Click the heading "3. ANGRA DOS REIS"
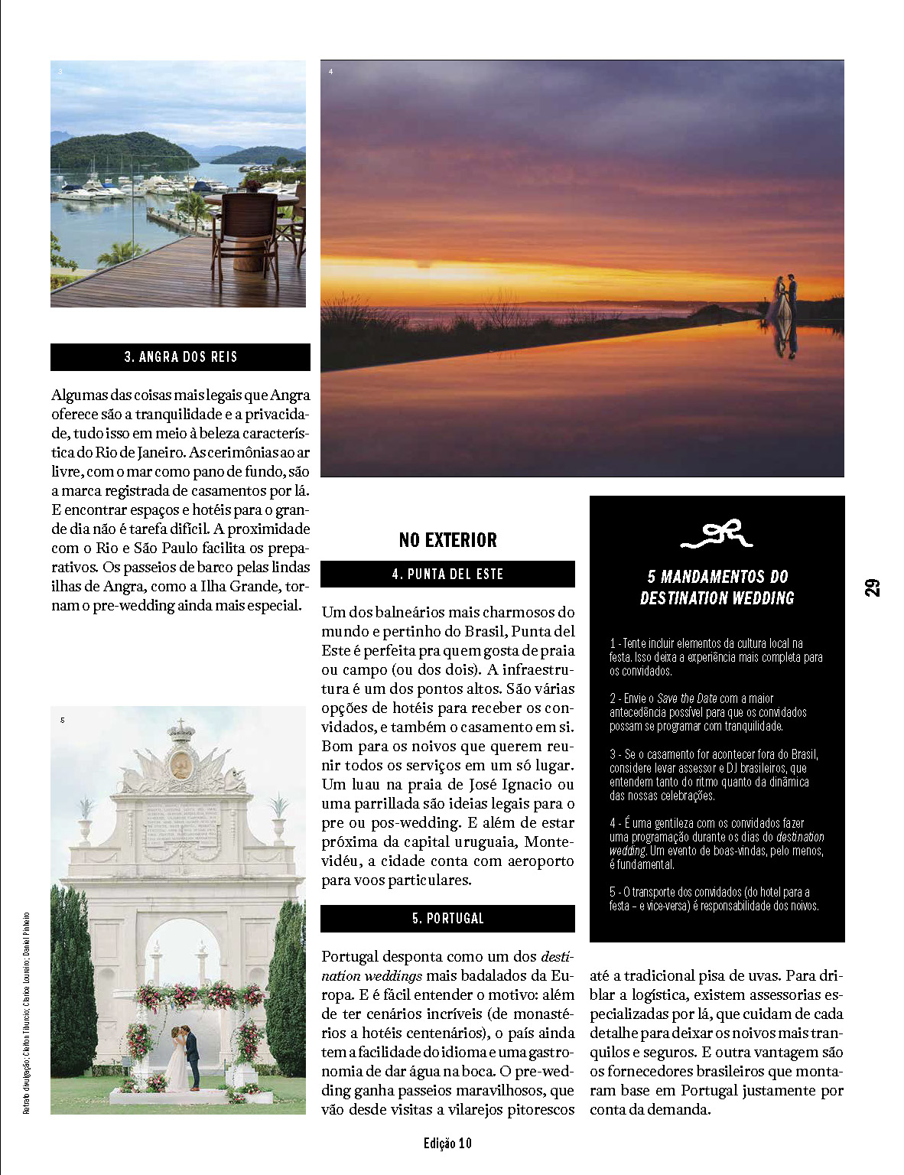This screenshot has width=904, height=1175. point(180,357)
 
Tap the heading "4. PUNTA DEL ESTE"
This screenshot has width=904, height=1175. point(447,574)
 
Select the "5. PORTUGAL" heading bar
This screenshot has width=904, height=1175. point(447,919)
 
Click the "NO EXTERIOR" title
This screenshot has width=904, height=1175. point(447,540)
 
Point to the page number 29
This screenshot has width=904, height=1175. point(873,587)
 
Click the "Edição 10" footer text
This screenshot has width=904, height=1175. point(447,1144)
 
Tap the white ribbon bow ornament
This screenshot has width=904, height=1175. point(717,534)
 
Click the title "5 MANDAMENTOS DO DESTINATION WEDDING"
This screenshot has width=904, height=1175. point(717,587)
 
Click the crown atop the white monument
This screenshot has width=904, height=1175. point(181,734)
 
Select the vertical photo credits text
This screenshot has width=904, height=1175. point(26,1013)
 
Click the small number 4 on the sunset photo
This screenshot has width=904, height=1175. point(330,72)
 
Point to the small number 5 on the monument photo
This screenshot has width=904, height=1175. point(62,720)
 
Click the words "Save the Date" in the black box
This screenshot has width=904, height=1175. point(687,698)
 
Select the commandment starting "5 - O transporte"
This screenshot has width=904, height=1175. point(714,899)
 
